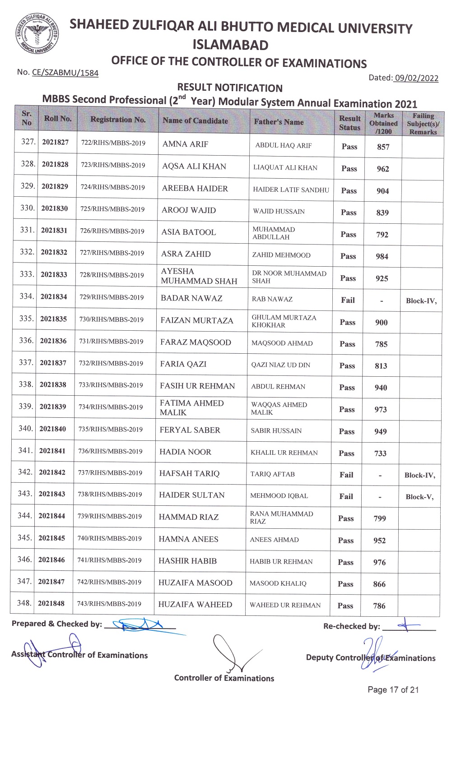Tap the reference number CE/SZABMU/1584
[65, 73]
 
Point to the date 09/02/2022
[416, 78]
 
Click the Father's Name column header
[279, 122]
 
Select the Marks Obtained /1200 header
[383, 123]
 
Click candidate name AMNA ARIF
[185, 144]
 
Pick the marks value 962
[383, 169]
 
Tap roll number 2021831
[54, 231]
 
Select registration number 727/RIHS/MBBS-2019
[112, 253]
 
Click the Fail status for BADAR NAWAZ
[348, 300]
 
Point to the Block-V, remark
[419, 497]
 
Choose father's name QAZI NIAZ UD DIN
[281, 365]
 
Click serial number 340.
[25, 428]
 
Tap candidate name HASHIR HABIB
[187, 561]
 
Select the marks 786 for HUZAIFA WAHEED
[379, 606]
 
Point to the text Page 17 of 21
[393, 690]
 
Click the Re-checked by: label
[351, 626]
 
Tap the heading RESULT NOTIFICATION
[230, 88]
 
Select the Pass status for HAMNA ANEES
[346, 540]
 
